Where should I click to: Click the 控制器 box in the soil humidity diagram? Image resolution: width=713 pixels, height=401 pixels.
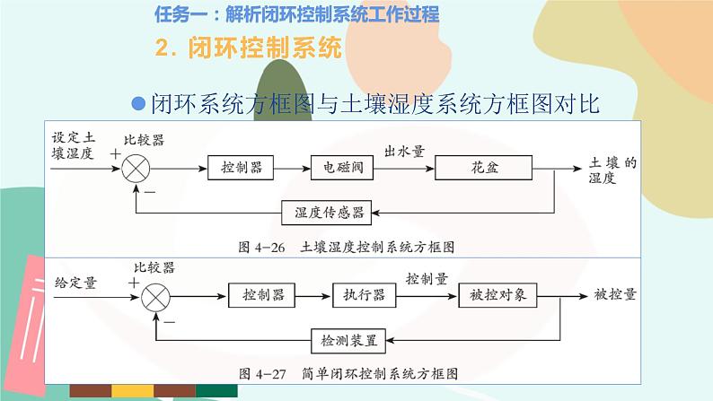pyautogui.click(x=243, y=168)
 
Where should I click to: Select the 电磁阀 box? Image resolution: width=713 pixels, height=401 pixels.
pyautogui.click(x=338, y=168)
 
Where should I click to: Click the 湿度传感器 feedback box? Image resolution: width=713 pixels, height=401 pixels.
pyautogui.click(x=328, y=212)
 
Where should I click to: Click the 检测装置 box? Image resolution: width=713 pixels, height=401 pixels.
pyautogui.click(x=349, y=340)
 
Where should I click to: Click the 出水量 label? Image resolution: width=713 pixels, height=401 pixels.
pyautogui.click(x=404, y=150)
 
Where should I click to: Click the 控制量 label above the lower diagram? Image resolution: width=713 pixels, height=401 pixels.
pyautogui.click(x=427, y=278)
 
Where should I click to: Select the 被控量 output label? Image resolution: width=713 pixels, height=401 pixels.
pyautogui.click(x=615, y=293)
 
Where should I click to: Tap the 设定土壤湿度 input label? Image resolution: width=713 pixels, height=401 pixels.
pyautogui.click(x=73, y=145)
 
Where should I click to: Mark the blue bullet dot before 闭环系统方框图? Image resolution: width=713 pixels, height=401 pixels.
pyautogui.click(x=138, y=103)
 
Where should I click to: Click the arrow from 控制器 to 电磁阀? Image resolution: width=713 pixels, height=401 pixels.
pyautogui.click(x=293, y=168)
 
